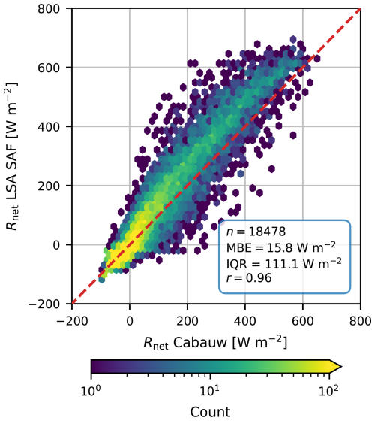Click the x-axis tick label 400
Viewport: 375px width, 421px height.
[245, 319]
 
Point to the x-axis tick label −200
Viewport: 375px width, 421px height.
[73, 319]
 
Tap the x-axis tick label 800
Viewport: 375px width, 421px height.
[361, 319]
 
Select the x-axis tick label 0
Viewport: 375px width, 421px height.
[130, 319]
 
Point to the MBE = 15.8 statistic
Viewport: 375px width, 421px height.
[280, 247]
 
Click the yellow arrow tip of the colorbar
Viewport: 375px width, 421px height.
[337, 366]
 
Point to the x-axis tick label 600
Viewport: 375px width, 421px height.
[303, 319]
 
